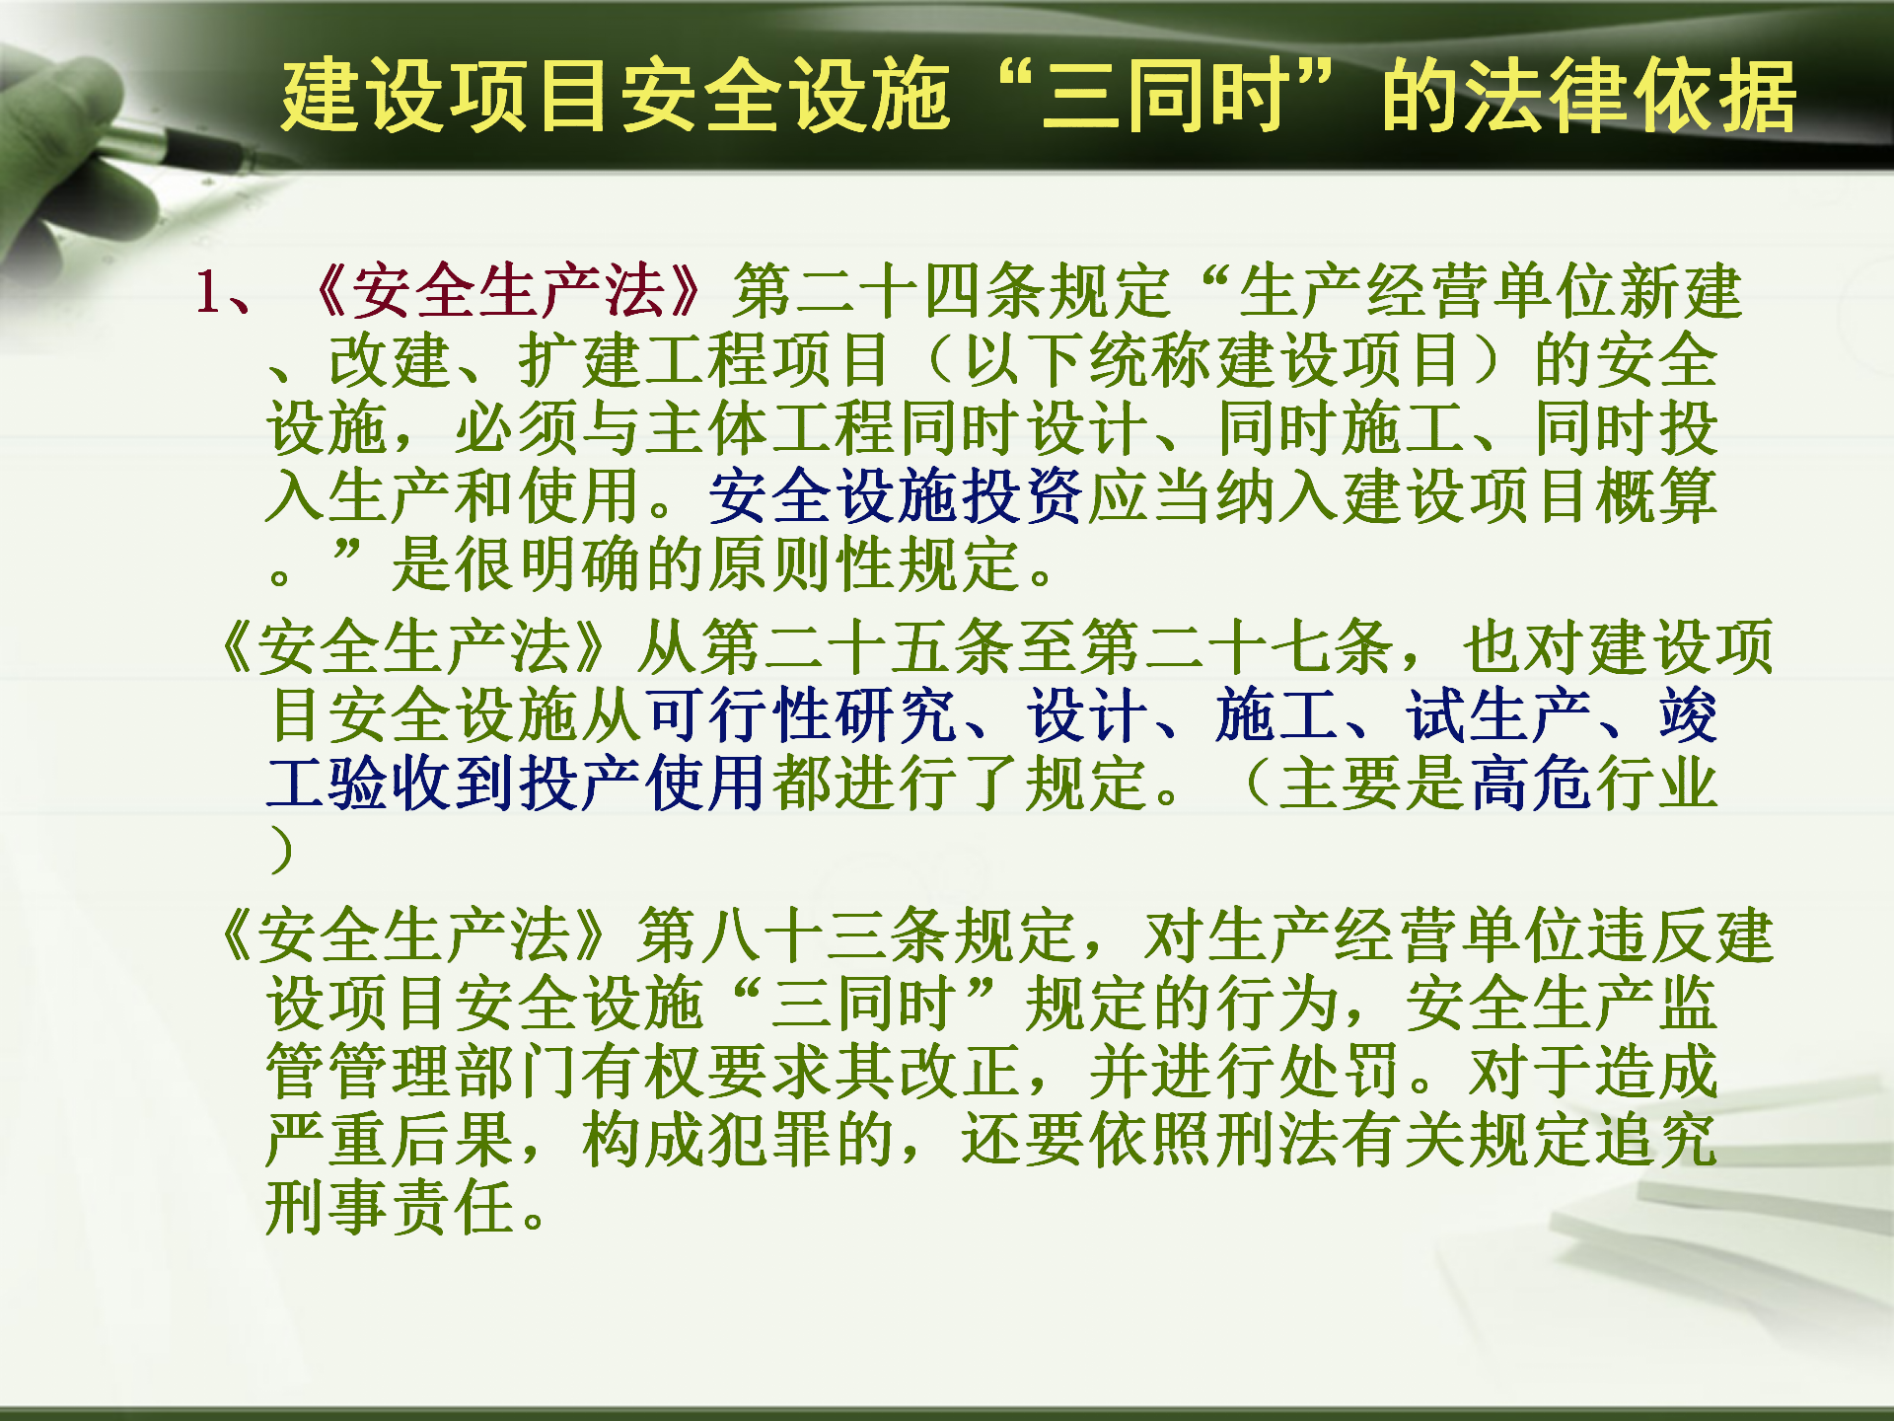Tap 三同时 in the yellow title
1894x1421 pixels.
[1165, 96]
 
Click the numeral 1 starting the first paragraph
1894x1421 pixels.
[208, 293]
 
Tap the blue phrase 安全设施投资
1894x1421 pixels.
[896, 495]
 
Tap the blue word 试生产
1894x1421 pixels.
[1498, 715]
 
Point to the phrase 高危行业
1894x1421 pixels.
[1593, 784]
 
